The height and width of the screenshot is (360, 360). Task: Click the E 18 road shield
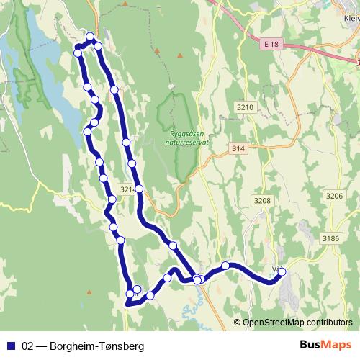[x=269, y=44]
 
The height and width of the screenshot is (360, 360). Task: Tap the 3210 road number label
[x=246, y=107]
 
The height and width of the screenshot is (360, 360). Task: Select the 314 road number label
[x=239, y=148]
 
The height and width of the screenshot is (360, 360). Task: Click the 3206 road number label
[x=334, y=195]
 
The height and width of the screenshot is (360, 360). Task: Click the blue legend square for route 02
[x=12, y=346]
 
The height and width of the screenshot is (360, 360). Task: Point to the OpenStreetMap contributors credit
[x=295, y=322]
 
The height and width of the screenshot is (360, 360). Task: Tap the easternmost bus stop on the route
[x=282, y=271]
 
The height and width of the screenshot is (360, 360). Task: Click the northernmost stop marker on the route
[x=90, y=37]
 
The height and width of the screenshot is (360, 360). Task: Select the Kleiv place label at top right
[x=351, y=19]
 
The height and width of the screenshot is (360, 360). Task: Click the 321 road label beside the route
[x=127, y=189]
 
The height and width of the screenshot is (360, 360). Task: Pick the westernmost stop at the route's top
[x=78, y=53]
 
